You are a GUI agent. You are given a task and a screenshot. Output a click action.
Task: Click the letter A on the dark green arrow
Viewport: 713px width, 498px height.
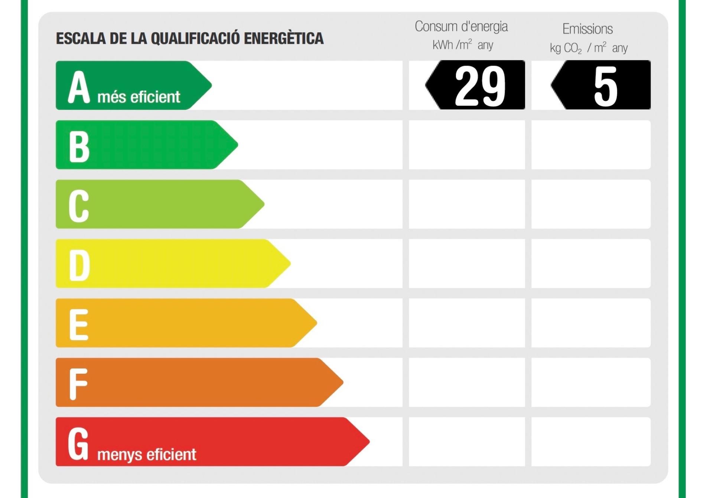coord(79,87)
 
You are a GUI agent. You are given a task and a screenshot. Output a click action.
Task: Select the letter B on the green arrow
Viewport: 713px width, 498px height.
coord(79,146)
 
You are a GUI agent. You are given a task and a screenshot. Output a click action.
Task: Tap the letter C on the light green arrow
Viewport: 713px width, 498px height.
coord(79,206)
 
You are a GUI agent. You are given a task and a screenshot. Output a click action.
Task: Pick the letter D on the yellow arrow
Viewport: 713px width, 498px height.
coord(79,265)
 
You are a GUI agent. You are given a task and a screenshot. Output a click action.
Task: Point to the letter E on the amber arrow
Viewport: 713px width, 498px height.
coord(79,324)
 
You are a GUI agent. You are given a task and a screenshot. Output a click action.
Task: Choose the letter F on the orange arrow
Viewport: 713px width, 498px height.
coord(78,384)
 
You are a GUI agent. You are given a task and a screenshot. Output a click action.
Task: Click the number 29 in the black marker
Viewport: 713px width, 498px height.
coord(480,86)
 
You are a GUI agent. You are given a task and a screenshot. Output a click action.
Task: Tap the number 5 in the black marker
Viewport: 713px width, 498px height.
coord(605,86)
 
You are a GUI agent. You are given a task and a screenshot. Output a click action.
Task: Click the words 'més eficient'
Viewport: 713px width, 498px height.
coord(139,97)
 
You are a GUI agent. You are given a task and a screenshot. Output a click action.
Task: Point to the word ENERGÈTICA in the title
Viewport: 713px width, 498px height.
coord(284,39)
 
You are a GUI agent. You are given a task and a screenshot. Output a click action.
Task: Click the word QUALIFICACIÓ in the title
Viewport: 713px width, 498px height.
coord(195,39)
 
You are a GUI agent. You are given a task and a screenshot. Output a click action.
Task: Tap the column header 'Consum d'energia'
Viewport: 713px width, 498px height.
coord(461,27)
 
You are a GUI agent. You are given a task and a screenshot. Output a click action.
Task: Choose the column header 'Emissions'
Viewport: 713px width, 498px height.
coord(587,29)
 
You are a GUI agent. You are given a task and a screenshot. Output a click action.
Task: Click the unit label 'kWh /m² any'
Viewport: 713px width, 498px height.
coord(463,45)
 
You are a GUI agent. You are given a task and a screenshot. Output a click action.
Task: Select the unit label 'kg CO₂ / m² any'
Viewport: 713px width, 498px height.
coord(589,48)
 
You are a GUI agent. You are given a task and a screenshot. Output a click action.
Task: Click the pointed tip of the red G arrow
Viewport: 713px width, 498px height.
coord(368,442)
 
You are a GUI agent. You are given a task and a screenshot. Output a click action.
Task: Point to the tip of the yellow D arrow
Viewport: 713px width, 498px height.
coord(290,264)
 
